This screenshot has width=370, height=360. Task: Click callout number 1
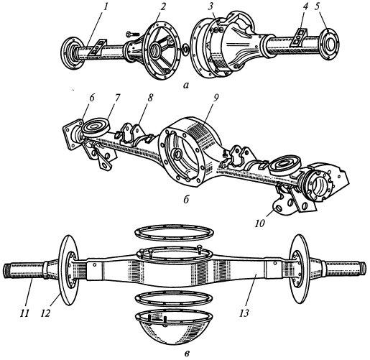(x=105, y=6)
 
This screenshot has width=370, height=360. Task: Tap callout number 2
(x=162, y=6)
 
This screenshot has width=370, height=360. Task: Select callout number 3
(x=211, y=6)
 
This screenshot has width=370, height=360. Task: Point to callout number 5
(x=318, y=6)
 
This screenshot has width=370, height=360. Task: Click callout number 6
(x=92, y=98)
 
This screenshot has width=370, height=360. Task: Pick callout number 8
(x=150, y=98)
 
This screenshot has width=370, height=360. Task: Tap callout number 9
(x=216, y=98)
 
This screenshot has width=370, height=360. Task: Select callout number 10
(x=260, y=223)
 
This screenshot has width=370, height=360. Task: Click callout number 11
(x=24, y=313)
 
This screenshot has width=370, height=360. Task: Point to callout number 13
(x=244, y=313)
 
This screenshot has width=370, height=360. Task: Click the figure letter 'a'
(x=186, y=85)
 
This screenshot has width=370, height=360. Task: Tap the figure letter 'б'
(x=186, y=199)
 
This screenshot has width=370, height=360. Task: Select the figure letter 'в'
(x=188, y=353)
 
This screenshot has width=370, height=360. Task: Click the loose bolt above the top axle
(x=130, y=34)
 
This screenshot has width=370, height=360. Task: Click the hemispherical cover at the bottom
(x=174, y=331)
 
